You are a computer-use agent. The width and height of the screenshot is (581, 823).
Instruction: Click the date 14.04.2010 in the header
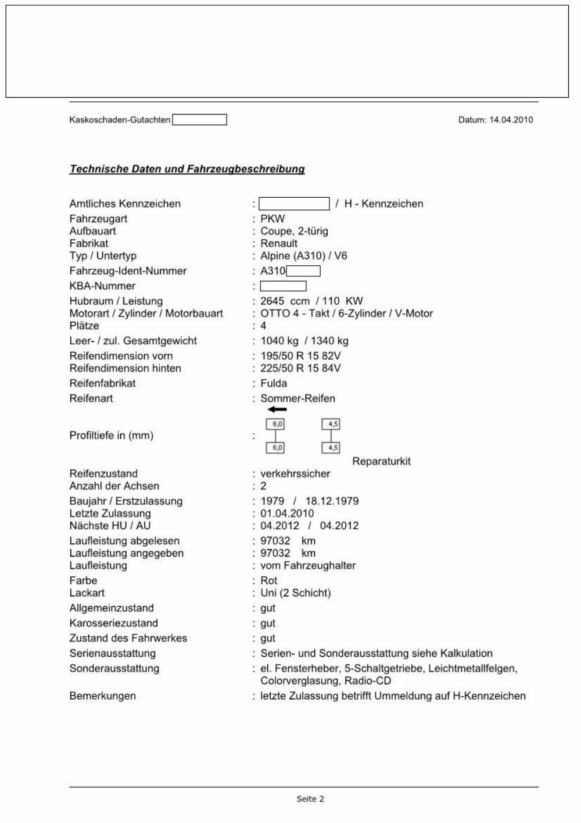(x=511, y=120)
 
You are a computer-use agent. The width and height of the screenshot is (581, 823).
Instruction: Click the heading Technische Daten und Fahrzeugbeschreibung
(x=187, y=169)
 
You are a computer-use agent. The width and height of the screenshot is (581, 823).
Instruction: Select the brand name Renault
(x=279, y=244)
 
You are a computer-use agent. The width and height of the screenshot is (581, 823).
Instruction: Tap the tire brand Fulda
(x=274, y=383)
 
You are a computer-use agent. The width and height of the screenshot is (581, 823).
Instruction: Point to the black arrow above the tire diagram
(x=277, y=409)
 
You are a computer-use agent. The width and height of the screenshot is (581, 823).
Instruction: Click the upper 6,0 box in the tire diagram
(x=275, y=425)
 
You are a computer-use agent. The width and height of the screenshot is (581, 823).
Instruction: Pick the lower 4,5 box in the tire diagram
(x=331, y=448)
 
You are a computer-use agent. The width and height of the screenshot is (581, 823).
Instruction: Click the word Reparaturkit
(x=381, y=461)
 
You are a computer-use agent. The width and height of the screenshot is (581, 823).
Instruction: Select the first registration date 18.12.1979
(x=332, y=501)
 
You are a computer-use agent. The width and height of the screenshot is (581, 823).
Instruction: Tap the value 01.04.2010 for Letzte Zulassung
(x=287, y=514)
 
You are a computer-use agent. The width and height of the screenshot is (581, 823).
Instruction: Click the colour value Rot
(x=269, y=580)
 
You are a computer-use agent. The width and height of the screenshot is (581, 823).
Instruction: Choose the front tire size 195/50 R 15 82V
(x=300, y=356)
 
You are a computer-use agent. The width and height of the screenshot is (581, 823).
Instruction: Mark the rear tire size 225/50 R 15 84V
(x=300, y=368)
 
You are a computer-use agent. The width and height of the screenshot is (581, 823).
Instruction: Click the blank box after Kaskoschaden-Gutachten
(x=199, y=120)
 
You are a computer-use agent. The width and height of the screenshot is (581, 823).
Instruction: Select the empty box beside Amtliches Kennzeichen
(x=294, y=204)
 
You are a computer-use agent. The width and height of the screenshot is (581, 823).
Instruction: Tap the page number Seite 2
(x=310, y=799)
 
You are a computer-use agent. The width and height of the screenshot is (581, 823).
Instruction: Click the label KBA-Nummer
(x=102, y=286)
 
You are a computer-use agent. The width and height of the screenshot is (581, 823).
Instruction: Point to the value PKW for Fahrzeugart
(x=272, y=219)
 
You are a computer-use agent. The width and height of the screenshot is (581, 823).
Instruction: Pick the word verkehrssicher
(x=295, y=473)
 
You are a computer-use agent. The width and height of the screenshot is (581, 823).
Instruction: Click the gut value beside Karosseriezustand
(x=268, y=624)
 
